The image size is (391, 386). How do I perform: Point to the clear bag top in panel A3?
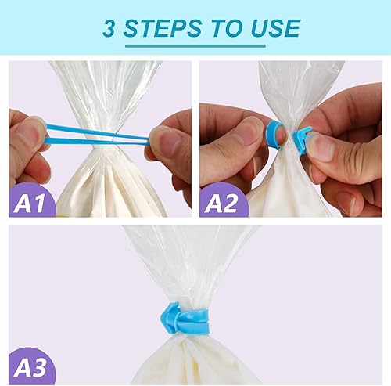click(188, 258)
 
